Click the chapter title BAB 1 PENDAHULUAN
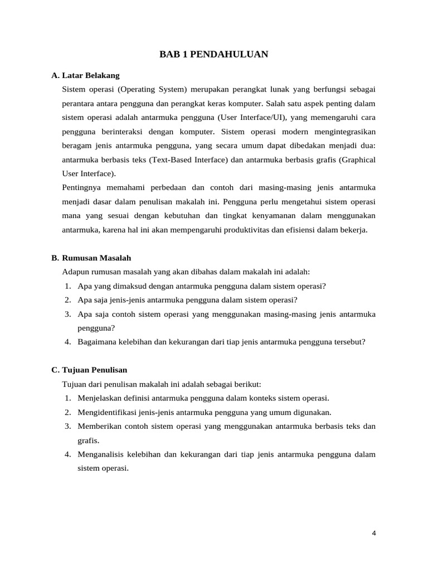pyautogui.click(x=214, y=54)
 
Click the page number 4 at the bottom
pyautogui.click(x=374, y=533)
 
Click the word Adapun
pyautogui.click(x=76, y=272)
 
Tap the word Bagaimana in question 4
pyautogui.click(x=97, y=342)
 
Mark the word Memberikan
pyautogui.click(x=98, y=427)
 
